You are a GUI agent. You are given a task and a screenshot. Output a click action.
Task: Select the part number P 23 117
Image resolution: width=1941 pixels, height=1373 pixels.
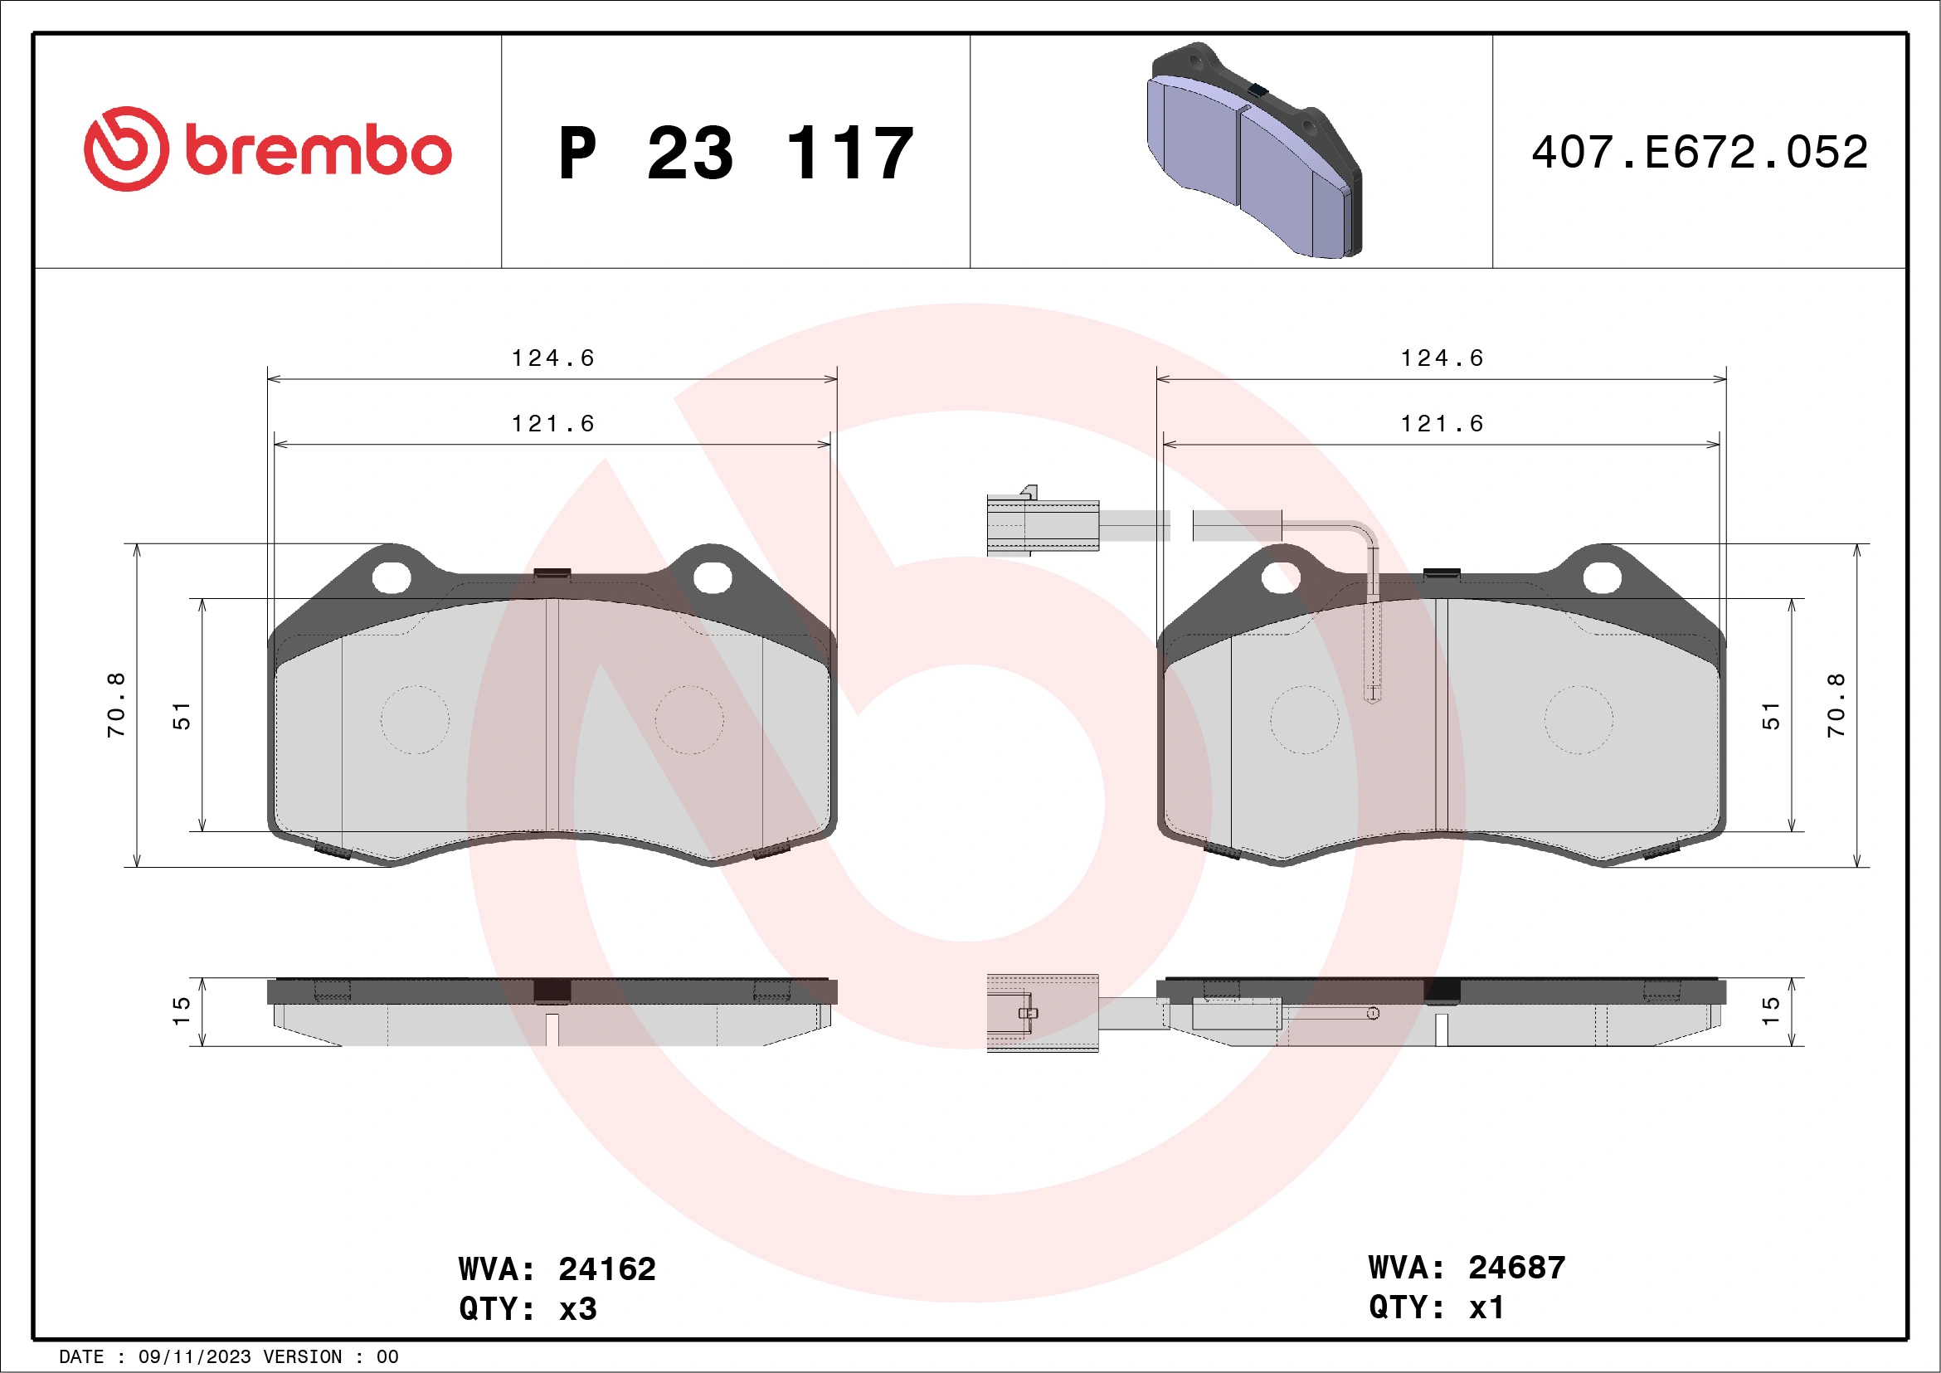pyautogui.click(x=736, y=153)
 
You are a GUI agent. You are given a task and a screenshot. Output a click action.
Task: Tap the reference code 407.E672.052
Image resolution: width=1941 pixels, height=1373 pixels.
pyautogui.click(x=1700, y=152)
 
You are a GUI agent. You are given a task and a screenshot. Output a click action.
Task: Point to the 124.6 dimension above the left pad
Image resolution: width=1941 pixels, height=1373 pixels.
pyautogui.click(x=553, y=358)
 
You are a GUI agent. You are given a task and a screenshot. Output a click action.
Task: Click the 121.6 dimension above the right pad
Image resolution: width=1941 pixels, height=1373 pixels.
pyautogui.click(x=1442, y=424)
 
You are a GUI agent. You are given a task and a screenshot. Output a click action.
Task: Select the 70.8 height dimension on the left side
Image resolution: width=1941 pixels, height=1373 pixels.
pyautogui.click(x=116, y=704)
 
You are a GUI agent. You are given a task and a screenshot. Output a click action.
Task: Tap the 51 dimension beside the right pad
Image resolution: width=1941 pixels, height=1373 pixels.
pyautogui.click(x=1770, y=715)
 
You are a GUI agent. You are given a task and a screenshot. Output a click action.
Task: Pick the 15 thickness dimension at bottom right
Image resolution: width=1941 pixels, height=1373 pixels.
pyautogui.click(x=1770, y=1010)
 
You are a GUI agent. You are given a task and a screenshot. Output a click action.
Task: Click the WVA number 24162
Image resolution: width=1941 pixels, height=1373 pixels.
pyautogui.click(x=607, y=1269)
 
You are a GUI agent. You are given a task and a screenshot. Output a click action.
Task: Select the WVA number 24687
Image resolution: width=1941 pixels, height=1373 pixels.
pyautogui.click(x=1516, y=1268)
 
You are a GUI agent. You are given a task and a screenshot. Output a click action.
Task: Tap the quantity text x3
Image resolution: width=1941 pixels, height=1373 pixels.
pyautogui.click(x=578, y=1309)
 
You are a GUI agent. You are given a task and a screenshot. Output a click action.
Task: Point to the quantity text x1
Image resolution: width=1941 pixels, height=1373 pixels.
pyautogui.click(x=1487, y=1307)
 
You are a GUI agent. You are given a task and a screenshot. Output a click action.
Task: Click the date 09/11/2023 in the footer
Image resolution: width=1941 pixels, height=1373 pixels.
pyautogui.click(x=194, y=1357)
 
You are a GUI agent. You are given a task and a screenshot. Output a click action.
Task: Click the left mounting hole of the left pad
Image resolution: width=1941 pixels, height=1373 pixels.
pyautogui.click(x=392, y=578)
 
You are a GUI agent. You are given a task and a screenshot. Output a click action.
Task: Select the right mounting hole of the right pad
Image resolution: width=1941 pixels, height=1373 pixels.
pyautogui.click(x=1601, y=578)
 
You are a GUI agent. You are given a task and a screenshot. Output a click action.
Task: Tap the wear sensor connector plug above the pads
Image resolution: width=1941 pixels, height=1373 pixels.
pyautogui.click(x=1043, y=525)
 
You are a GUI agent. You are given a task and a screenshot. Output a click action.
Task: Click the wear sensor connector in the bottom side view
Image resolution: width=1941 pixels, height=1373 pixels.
pyautogui.click(x=1043, y=1013)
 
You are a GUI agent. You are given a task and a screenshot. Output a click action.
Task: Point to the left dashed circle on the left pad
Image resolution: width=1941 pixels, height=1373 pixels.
pyautogui.click(x=414, y=719)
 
